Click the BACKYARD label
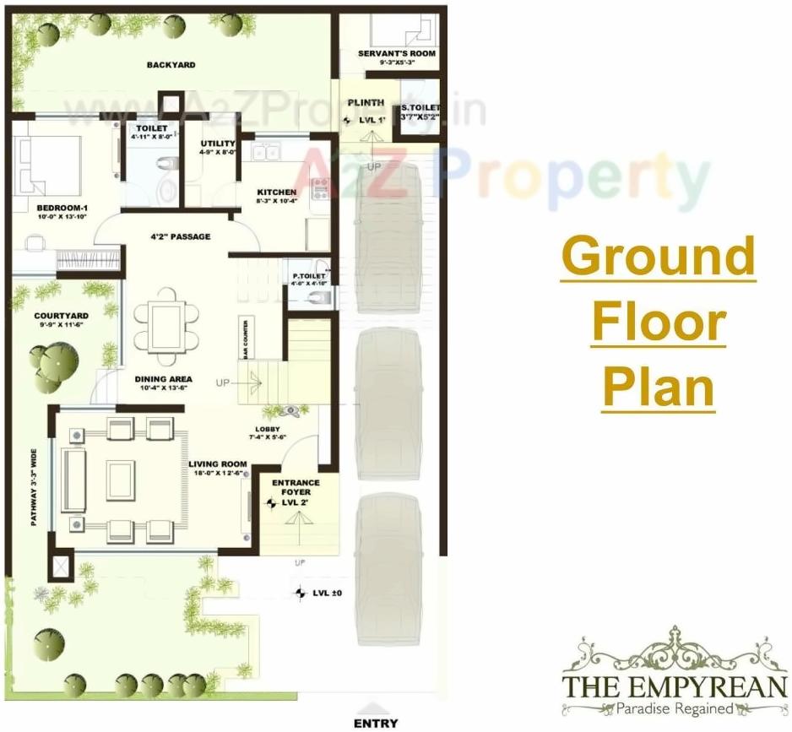[171, 65]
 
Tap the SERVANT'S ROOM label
[396, 53]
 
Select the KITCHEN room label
[276, 192]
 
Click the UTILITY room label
[218, 144]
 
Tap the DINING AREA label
[164, 379]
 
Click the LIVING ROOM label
[217, 464]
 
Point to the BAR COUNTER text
[245, 338]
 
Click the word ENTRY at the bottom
[376, 724]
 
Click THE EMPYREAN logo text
[675, 685]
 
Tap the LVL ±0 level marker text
[327, 594]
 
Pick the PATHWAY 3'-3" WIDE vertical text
[35, 488]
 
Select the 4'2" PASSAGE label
[180, 236]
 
